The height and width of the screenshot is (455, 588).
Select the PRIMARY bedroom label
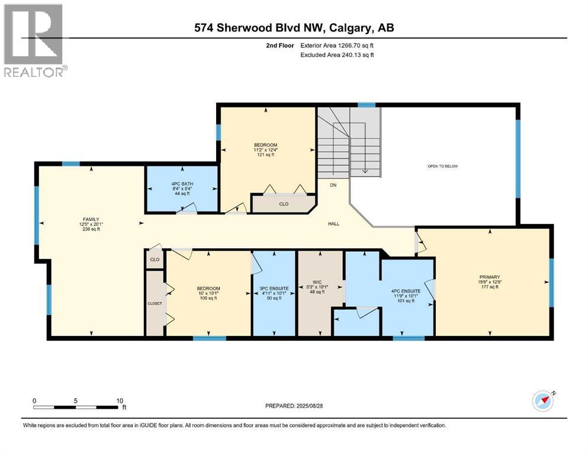(490, 277)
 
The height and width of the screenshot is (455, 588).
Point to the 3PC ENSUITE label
(274, 288)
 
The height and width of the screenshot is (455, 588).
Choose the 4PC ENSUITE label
(406, 291)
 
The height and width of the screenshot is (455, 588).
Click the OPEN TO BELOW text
(442, 166)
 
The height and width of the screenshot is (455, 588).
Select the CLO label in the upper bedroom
(283, 204)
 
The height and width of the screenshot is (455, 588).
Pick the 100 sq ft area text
(208, 298)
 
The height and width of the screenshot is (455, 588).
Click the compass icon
(542, 400)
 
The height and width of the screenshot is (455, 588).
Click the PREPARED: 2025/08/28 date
(294, 406)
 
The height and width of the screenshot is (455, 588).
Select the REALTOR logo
(35, 40)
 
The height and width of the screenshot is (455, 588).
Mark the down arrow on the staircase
(365, 170)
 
